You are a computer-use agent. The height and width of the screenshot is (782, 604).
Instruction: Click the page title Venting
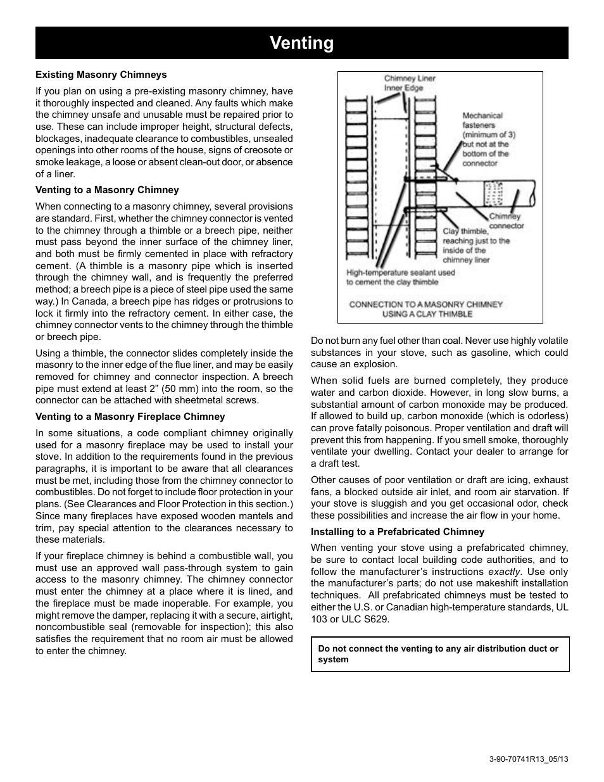point(301,43)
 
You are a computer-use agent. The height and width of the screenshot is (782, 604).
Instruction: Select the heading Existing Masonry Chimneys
point(101,75)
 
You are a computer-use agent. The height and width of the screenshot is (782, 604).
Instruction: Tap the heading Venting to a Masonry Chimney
point(107,190)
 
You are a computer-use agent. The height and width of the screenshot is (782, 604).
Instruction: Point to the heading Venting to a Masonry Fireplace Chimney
point(130,417)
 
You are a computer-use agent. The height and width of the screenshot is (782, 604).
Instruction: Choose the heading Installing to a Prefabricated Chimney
point(397,532)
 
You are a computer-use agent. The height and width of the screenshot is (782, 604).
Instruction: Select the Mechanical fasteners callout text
point(486,139)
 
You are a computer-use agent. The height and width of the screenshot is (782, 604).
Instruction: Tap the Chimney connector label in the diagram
point(506,221)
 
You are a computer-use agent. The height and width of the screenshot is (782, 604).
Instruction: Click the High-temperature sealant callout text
point(400,277)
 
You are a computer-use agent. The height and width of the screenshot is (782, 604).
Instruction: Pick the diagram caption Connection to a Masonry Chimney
point(426,309)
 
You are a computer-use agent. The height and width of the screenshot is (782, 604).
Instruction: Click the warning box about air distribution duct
point(439,654)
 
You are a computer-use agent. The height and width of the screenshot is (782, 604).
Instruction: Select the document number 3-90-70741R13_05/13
point(529,759)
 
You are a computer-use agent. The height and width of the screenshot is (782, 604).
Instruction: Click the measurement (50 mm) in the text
point(201,388)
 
